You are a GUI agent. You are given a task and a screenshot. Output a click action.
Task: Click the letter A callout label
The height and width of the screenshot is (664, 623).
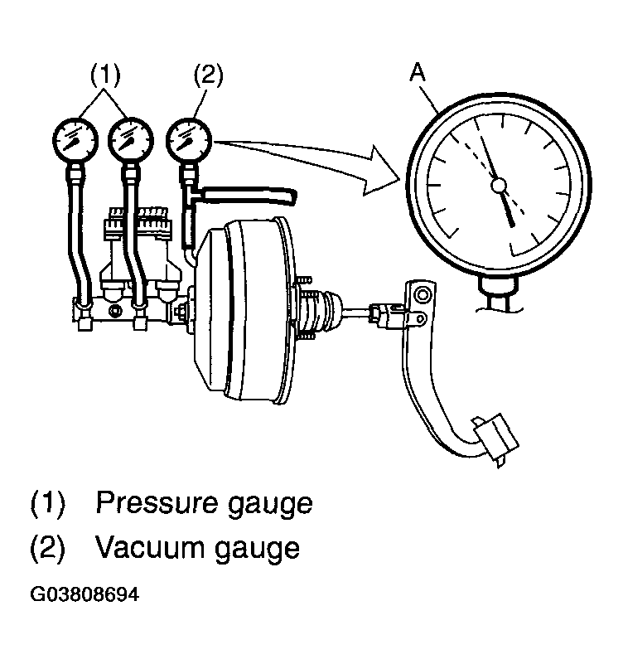(x=418, y=72)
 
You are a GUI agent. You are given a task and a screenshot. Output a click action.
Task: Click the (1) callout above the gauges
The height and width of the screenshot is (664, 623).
(x=105, y=75)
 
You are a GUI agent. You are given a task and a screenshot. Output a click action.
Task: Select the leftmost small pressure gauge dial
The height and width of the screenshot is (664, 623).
(x=75, y=140)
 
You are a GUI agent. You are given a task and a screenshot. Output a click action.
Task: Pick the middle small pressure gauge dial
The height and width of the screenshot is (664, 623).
(x=130, y=140)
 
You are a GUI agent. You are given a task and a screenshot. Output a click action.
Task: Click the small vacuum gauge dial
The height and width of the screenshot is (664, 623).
(x=189, y=139)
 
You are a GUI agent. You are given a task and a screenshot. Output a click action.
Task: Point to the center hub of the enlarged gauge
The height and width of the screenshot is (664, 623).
(x=499, y=185)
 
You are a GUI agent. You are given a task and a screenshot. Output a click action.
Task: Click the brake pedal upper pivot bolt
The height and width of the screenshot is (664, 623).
(x=422, y=294)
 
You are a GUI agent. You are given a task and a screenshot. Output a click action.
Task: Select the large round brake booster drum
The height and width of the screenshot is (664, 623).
(x=244, y=310)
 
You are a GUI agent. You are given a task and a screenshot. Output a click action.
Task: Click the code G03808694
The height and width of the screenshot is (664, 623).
(x=85, y=594)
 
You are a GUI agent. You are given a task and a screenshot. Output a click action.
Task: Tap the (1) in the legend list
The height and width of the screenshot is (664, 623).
(x=48, y=502)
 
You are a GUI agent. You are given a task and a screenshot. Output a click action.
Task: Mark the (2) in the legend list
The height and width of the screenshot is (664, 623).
(x=48, y=548)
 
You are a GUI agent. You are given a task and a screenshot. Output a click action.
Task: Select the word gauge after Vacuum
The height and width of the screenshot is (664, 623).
(x=258, y=550)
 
